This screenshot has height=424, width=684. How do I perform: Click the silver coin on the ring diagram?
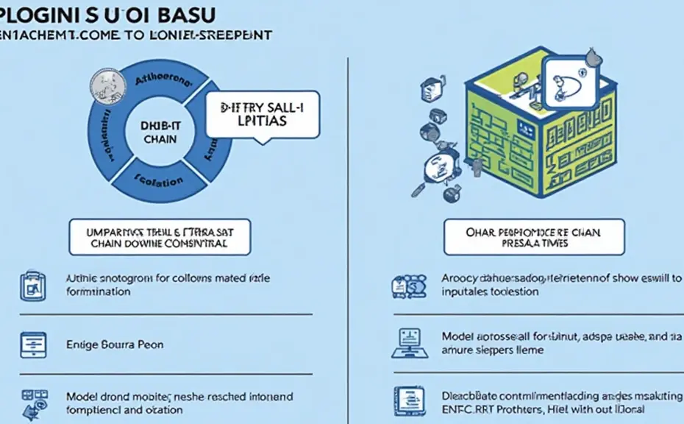101,83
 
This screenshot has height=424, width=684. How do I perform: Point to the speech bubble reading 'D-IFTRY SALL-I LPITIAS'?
263,116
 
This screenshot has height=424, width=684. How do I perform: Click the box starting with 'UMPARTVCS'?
158,237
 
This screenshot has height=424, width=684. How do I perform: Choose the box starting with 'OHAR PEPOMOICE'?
534,237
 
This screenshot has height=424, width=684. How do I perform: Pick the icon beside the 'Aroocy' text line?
405,286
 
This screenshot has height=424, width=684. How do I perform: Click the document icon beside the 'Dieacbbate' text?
405,401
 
